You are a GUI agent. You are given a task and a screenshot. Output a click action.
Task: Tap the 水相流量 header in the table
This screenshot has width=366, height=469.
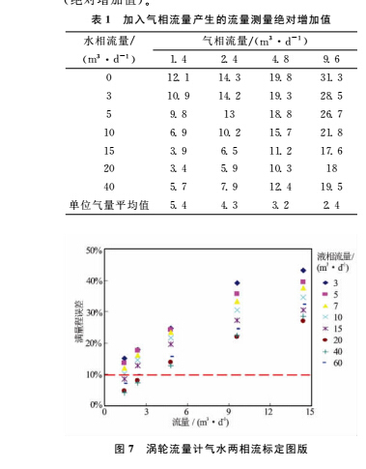[x=99, y=42]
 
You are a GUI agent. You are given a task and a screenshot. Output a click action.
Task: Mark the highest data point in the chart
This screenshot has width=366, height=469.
[x=303, y=271]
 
